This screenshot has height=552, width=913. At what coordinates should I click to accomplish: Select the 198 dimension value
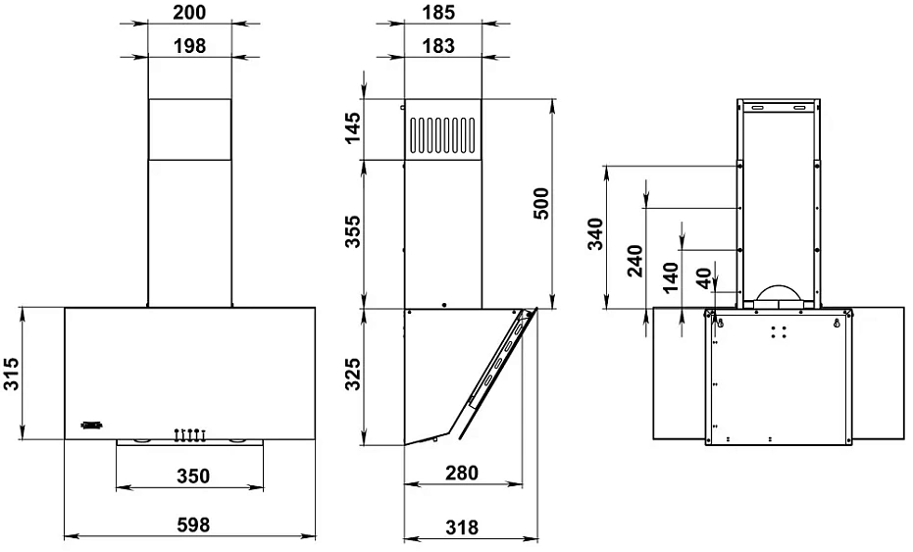189,46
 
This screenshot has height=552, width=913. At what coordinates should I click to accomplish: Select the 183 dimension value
444,46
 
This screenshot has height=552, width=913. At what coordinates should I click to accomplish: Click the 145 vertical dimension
352,128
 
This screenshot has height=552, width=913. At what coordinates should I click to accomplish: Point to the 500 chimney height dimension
542,204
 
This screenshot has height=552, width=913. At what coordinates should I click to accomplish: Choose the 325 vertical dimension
352,376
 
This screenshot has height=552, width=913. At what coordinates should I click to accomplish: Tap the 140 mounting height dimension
671,277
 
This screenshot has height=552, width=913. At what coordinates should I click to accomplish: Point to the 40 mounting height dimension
703,278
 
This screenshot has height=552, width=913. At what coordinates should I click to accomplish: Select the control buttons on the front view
190,432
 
